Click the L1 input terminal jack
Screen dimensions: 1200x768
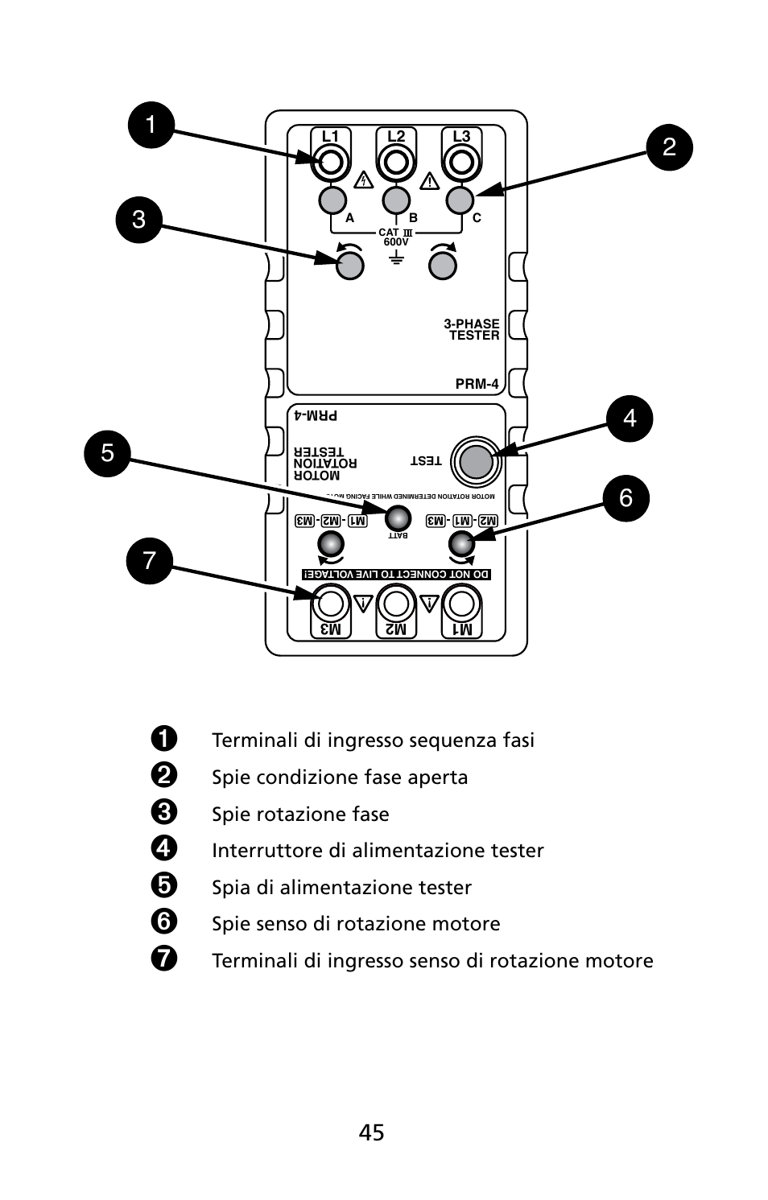[x=330, y=163]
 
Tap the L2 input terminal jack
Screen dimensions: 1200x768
[x=395, y=163]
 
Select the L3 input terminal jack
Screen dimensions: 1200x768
[x=460, y=163]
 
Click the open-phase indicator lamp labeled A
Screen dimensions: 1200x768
[x=332, y=199]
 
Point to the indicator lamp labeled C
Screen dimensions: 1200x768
[x=460, y=199]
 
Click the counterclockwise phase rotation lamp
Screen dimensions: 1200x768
[x=349, y=265]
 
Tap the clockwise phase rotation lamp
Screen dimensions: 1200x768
[x=443, y=265]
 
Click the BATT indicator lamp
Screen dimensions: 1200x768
[x=398, y=518]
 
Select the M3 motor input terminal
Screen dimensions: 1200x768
[x=330, y=603]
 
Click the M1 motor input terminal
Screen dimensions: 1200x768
[x=462, y=603]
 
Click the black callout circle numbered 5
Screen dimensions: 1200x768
[x=107, y=453]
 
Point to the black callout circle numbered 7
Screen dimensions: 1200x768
[x=150, y=560]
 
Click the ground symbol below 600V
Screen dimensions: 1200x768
[x=395, y=258]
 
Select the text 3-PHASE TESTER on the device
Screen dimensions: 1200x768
[x=473, y=330]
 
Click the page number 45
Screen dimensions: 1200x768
[x=371, y=1132]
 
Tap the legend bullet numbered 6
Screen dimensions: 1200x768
[x=163, y=922]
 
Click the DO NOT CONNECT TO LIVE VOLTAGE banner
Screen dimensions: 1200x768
[x=396, y=575]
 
